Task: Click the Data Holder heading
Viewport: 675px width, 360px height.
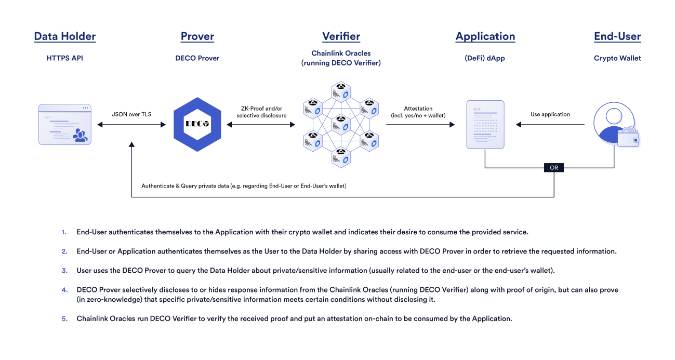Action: (x=65, y=36)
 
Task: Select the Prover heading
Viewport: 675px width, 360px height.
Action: (x=197, y=36)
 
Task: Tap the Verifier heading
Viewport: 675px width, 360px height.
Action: (x=341, y=36)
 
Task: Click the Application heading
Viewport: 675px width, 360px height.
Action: (x=485, y=36)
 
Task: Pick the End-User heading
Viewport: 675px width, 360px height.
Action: (x=617, y=36)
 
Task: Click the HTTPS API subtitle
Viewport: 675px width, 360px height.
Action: (x=65, y=58)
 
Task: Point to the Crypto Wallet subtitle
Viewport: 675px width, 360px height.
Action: (x=617, y=58)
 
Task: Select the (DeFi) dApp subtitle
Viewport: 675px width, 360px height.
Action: (x=485, y=58)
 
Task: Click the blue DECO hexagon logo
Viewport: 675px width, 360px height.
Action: (x=197, y=124)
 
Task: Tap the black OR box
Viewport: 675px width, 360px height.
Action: (x=554, y=168)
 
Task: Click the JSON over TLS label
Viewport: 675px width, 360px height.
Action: (x=131, y=114)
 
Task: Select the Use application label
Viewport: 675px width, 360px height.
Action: (x=550, y=114)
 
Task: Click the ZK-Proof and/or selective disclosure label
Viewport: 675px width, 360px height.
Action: (x=261, y=112)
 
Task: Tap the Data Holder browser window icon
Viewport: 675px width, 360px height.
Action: (x=65, y=124)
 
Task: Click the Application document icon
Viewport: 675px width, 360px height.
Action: (x=485, y=125)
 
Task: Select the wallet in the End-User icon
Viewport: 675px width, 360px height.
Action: (x=628, y=138)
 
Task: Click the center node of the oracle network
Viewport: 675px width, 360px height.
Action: (x=341, y=125)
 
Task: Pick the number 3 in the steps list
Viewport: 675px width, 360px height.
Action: (x=64, y=270)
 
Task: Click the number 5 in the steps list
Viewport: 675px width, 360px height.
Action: (x=64, y=318)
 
